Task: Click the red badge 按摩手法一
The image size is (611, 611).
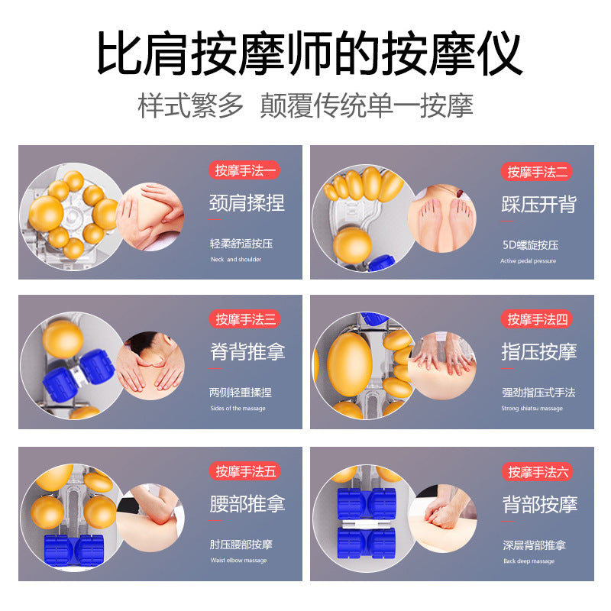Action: click(x=244, y=170)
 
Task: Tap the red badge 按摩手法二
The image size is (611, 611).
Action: click(x=537, y=172)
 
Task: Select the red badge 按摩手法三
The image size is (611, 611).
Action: click(x=244, y=319)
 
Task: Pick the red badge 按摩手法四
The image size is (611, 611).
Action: click(x=537, y=319)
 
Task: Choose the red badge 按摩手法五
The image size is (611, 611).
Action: click(x=244, y=471)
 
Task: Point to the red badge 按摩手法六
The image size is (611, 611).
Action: click(x=538, y=472)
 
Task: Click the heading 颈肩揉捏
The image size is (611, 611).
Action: click(x=247, y=202)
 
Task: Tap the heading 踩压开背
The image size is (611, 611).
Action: click(x=539, y=204)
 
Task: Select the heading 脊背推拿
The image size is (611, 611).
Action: click(x=247, y=351)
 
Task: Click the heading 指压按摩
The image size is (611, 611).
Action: click(x=539, y=351)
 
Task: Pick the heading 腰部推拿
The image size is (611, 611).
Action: click(x=247, y=503)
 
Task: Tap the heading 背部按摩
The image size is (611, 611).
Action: click(x=540, y=504)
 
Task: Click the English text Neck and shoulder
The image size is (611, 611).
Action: click(x=236, y=260)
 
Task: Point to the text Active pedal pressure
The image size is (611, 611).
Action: click(x=528, y=261)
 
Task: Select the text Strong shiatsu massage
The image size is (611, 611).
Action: click(x=532, y=409)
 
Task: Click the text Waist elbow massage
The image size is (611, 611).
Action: click(x=238, y=561)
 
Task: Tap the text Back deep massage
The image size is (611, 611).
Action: click(x=529, y=561)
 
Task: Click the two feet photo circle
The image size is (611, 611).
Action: click(x=442, y=218)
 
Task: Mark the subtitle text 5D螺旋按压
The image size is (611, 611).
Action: click(x=530, y=245)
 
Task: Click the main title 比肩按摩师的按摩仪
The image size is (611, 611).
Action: click(x=309, y=53)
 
